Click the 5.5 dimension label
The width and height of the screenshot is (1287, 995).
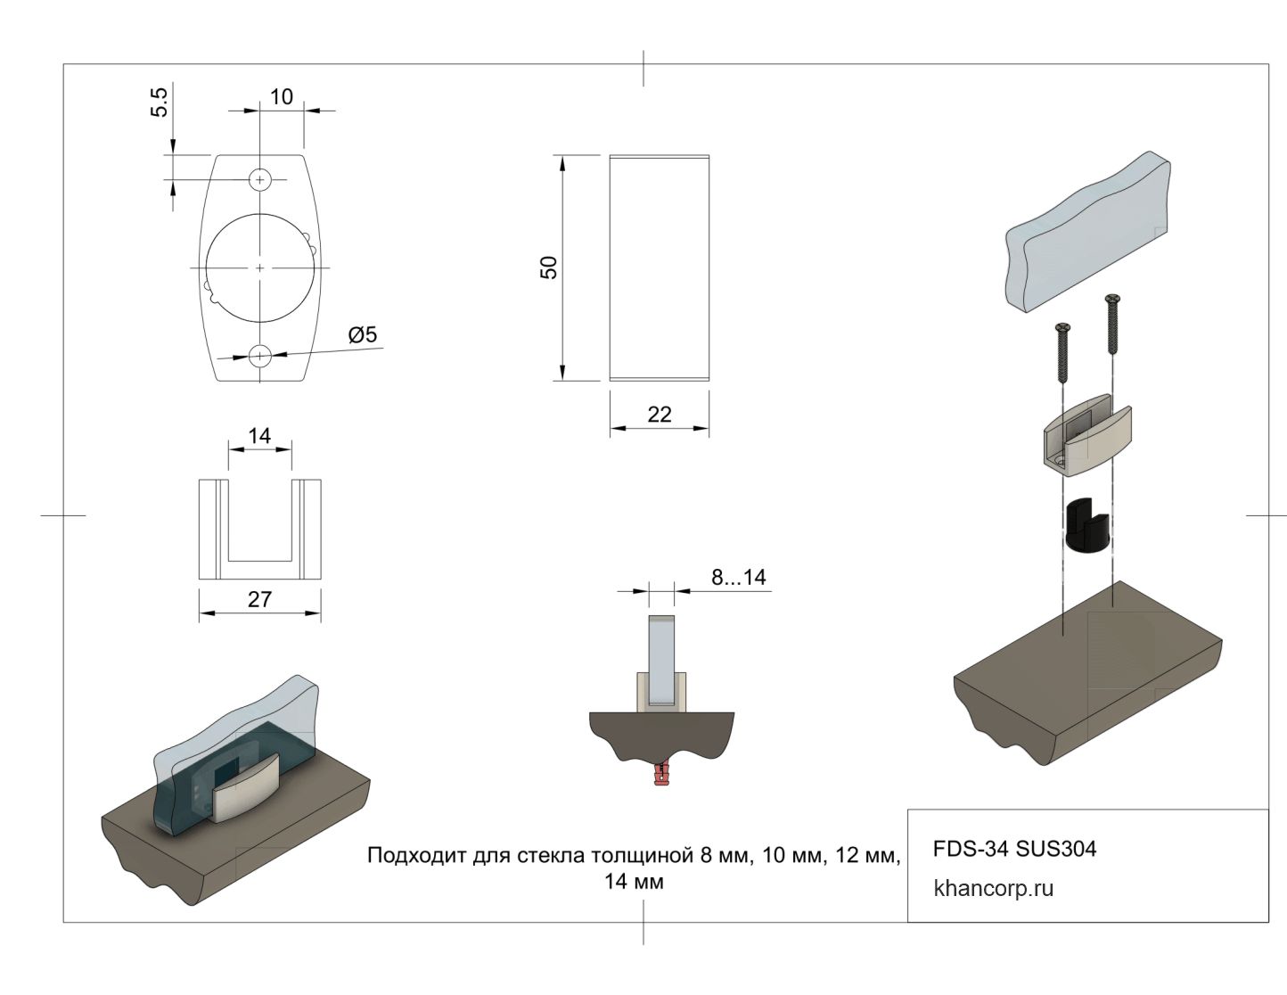tap(160, 102)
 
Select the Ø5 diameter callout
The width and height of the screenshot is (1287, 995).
tap(363, 334)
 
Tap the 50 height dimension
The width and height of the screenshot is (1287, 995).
tap(548, 267)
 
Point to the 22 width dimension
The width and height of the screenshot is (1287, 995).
tap(660, 414)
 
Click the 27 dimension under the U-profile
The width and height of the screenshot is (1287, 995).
tap(259, 599)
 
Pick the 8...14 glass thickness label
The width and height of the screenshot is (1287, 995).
tap(739, 577)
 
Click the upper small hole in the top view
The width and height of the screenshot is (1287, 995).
tap(259, 179)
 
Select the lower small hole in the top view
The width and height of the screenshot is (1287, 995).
tap(259, 356)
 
